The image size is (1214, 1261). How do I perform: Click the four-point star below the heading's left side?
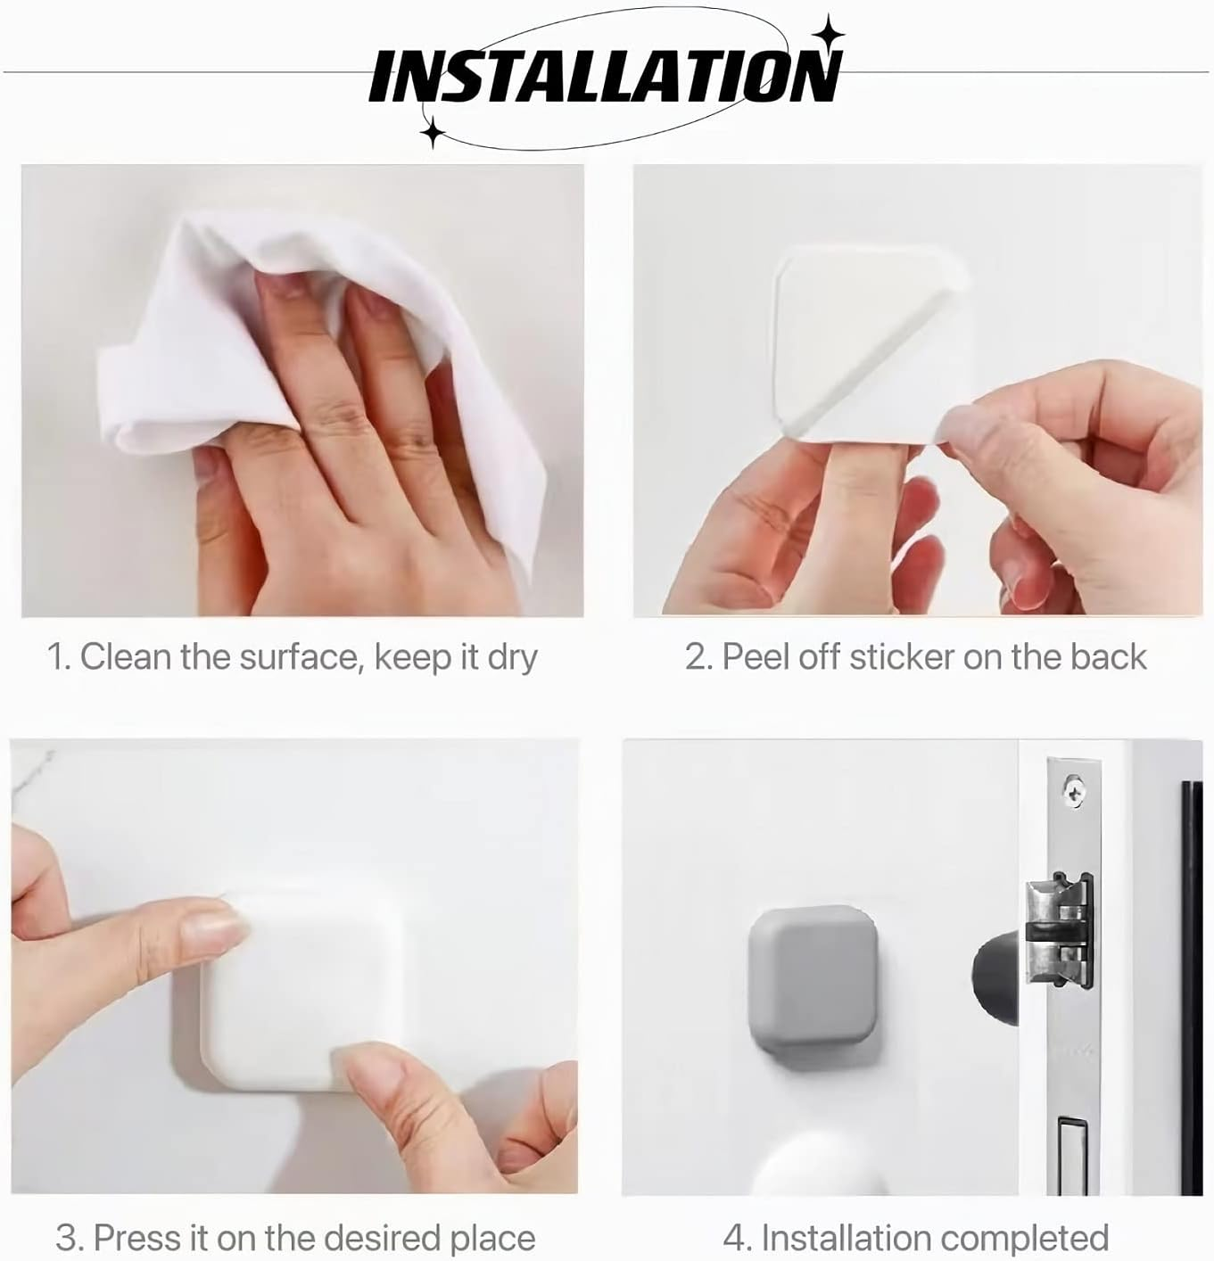pos(434,132)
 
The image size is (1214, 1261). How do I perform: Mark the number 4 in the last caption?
pos(733,1238)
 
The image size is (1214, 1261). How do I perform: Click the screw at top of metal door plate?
pos(1073,788)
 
